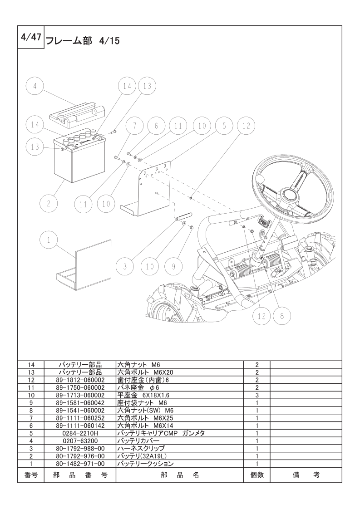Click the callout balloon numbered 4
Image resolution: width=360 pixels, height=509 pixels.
[x=35, y=87]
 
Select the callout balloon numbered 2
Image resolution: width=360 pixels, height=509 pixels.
[x=49, y=204]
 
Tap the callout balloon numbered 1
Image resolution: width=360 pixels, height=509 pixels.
[x=49, y=240]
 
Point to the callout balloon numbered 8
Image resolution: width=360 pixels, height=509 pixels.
[x=282, y=316]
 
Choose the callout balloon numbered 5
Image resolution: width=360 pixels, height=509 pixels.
[x=224, y=126]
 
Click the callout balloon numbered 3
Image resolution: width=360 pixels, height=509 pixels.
[x=124, y=266]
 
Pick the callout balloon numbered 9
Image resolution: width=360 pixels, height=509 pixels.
[x=173, y=266]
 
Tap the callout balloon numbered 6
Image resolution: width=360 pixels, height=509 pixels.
[x=156, y=126]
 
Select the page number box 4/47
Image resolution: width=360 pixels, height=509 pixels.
[x=31, y=37]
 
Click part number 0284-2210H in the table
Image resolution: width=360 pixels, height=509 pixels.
[x=80, y=433]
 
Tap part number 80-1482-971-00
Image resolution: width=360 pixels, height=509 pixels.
[x=80, y=464]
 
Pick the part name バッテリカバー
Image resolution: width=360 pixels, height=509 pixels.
[x=138, y=441]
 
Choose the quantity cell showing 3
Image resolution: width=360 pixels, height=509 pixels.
[x=256, y=395]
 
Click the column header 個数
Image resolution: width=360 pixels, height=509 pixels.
[x=256, y=475]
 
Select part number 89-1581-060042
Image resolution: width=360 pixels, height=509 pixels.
[x=80, y=403]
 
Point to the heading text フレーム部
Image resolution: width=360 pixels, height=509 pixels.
[x=69, y=41]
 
